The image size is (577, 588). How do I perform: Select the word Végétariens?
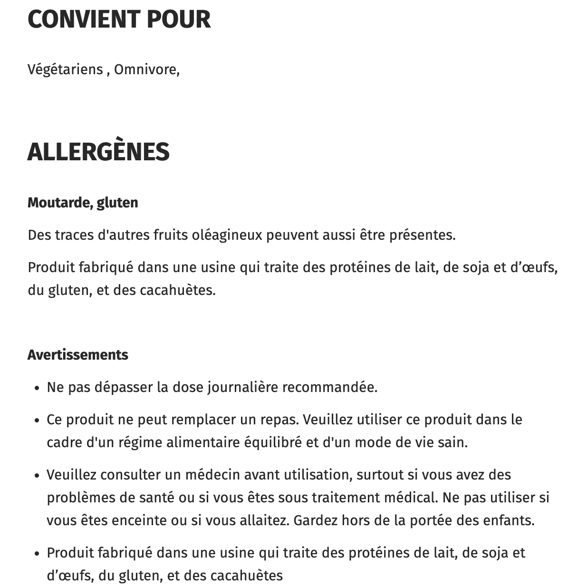[x=65, y=69]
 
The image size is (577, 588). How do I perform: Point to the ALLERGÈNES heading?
[x=98, y=152]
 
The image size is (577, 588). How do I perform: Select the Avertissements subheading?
[x=78, y=355]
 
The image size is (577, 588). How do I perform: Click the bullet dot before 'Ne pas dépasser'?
[x=37, y=388]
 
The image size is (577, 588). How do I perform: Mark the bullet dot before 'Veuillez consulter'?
[x=37, y=476]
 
